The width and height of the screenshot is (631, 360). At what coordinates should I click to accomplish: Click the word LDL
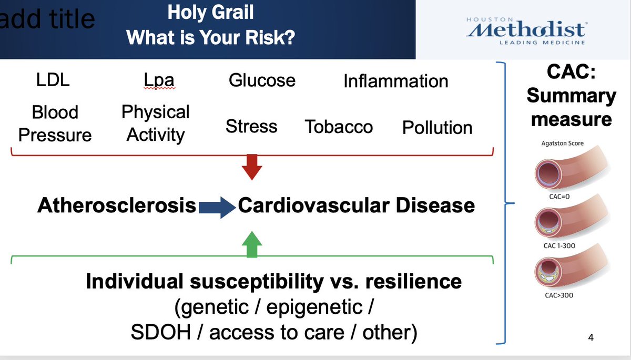53,80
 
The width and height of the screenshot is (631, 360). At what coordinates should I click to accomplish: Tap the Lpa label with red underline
159,81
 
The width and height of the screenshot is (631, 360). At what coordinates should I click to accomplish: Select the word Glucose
262,80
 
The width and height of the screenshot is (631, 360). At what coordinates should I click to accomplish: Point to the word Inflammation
396,81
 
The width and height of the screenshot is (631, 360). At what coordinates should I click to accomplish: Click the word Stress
251,126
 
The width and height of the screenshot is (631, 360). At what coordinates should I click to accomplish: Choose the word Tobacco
339,127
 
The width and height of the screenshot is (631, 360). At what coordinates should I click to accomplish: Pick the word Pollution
437,128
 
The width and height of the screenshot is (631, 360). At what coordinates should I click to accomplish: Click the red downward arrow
252,167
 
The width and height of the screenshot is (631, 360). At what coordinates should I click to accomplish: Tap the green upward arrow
252,244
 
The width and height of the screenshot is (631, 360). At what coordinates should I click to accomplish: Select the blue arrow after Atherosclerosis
217,208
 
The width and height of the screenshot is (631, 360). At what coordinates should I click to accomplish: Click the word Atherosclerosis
117,205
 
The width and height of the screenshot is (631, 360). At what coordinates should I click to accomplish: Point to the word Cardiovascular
314,205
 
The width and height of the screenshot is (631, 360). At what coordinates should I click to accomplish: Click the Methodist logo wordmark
526,29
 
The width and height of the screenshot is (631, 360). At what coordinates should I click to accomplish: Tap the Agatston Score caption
562,143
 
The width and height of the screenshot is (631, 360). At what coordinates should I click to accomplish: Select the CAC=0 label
559,197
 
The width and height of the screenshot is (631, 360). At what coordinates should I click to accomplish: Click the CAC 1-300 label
559,246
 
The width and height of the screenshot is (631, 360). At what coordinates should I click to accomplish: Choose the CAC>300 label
559,295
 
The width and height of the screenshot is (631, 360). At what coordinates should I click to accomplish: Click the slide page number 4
591,337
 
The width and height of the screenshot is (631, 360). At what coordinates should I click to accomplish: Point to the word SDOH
161,332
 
